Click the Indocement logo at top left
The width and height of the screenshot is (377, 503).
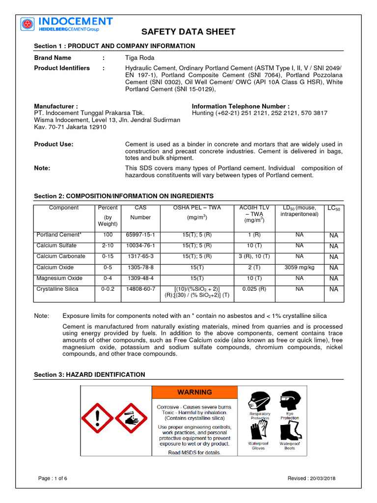67,24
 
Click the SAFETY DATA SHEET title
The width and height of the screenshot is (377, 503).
188,32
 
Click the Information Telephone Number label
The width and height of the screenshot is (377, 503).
241,106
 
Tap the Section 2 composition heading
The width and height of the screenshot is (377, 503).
123,196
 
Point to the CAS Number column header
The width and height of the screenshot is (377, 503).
140,212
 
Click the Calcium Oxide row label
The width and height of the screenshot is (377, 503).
55,267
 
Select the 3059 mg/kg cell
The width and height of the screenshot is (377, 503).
299,267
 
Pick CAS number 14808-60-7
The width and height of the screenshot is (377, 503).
140,289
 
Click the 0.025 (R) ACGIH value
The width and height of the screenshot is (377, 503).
255,289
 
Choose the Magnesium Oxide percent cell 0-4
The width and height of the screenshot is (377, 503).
108,278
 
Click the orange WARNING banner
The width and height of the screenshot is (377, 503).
194,392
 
